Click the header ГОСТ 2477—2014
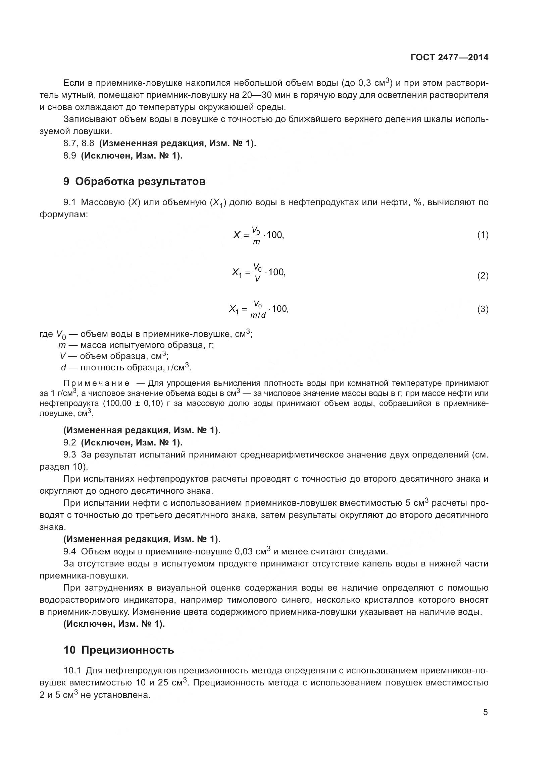pyautogui.click(x=449, y=57)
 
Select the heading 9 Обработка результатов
pyautogui.click(x=134, y=181)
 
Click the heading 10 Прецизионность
pyautogui.click(x=118, y=650)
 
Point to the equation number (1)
pyautogui.click(x=483, y=235)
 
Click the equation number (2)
pyautogui.click(x=483, y=276)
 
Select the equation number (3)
pyautogui.click(x=483, y=309)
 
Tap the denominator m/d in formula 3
pyautogui.click(x=258, y=315)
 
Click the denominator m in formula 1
pyautogui.click(x=256, y=242)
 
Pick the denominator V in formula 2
pyautogui.click(x=257, y=279)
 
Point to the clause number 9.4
pyautogui.click(x=70, y=551)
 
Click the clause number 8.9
pyautogui.click(x=70, y=156)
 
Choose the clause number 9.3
pyautogui.click(x=70, y=455)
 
